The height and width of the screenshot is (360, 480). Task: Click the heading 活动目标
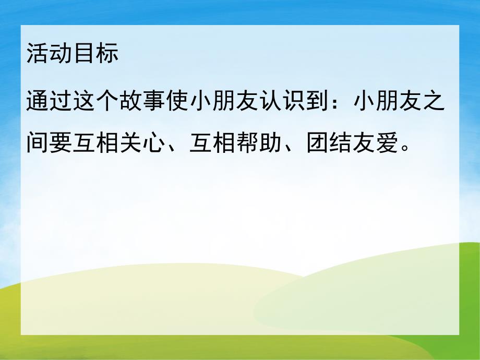73,54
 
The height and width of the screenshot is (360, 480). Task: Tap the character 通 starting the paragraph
38,102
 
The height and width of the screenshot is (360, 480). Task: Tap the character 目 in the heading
84,54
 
